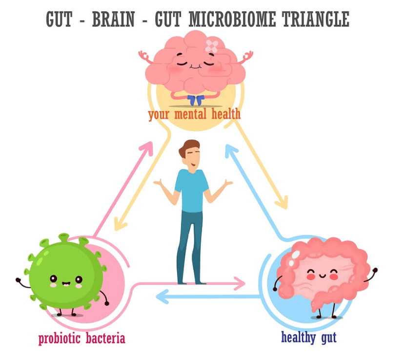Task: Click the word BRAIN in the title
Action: (x=113, y=20)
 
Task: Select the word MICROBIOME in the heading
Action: (x=232, y=20)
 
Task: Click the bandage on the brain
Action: (x=212, y=46)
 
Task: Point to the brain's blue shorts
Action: (x=196, y=100)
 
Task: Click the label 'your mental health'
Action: (x=194, y=115)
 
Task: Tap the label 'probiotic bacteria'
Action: (x=81, y=339)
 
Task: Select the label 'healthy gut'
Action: (x=309, y=337)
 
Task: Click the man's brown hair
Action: (x=188, y=147)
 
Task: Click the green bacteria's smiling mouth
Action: (x=66, y=283)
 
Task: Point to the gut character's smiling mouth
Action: (x=323, y=276)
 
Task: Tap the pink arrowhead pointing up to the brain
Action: (x=147, y=148)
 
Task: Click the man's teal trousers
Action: (x=189, y=247)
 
